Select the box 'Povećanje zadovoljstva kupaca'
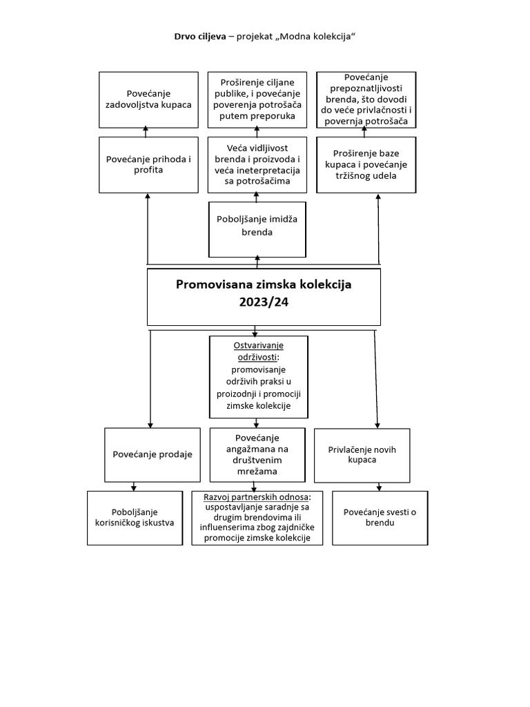[148, 99]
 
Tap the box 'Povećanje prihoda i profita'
[148, 164]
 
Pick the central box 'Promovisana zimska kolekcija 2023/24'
[264, 297]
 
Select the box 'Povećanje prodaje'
[153, 454]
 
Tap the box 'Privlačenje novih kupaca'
[362, 454]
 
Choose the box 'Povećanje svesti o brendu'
[380, 517]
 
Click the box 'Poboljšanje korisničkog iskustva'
[134, 517]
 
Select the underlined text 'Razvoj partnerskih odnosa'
[257, 496]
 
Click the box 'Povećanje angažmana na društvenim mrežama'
[257, 455]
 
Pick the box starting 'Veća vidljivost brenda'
[257, 164]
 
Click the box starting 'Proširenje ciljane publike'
[257, 99]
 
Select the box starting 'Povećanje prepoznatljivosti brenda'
[366, 99]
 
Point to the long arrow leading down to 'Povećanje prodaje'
[150, 380]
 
